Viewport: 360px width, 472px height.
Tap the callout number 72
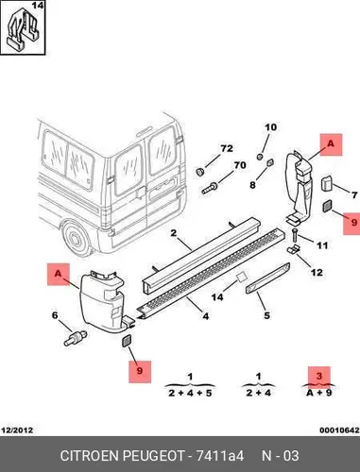click(227, 148)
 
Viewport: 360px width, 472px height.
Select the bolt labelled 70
click(210, 188)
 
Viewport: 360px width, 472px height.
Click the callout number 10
click(271, 127)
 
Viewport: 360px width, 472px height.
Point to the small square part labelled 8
click(270, 162)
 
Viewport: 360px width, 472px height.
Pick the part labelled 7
click(326, 183)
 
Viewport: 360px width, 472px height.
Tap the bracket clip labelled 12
click(293, 249)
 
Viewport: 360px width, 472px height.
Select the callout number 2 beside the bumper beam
click(174, 233)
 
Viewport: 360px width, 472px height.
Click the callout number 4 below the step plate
click(206, 315)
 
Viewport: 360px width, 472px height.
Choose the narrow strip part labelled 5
click(267, 278)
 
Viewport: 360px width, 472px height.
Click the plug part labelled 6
click(76, 337)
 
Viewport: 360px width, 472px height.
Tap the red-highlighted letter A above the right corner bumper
click(331, 143)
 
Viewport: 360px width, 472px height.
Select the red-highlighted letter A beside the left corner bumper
click(58, 274)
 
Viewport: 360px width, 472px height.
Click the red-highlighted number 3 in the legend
click(319, 376)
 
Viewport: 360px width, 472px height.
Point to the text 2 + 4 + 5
click(190, 393)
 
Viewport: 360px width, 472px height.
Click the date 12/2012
click(17, 430)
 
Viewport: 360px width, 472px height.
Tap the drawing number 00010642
click(339, 430)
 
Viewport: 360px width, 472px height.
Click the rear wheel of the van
click(75, 239)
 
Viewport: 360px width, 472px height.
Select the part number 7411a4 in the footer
click(220, 456)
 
